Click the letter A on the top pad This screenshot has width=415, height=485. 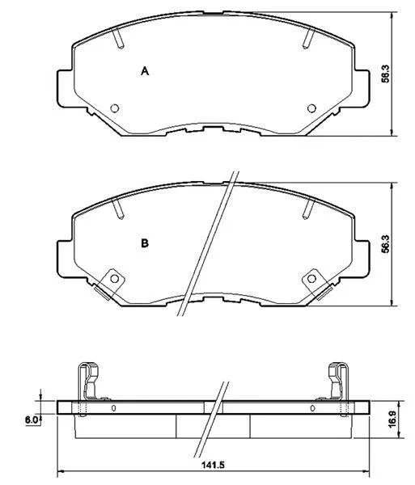145,71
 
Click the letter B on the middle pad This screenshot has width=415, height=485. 145,243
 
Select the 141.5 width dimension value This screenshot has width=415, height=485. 213,465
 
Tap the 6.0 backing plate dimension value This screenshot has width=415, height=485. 32,420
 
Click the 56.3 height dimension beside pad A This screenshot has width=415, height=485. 386,74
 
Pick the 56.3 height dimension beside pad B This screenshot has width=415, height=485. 386,244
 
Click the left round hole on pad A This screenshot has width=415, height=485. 115,108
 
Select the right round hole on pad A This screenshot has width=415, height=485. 311,108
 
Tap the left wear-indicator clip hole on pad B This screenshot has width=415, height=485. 115,279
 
